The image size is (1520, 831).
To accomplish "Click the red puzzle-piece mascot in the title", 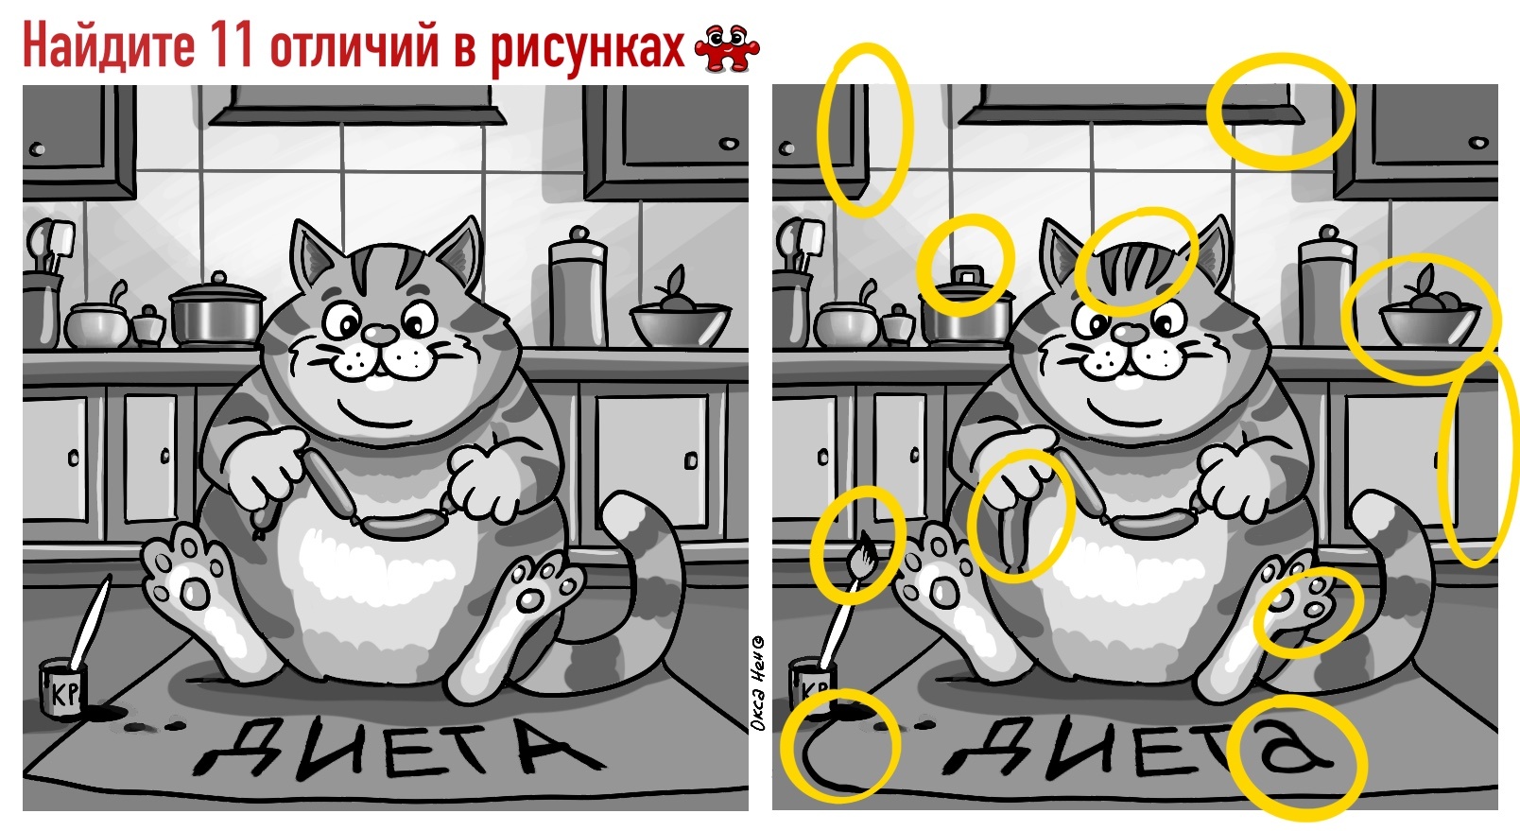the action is click(727, 47).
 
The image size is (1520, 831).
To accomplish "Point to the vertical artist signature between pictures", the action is click(759, 683).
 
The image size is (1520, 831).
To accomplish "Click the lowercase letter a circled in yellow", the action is click(1293, 752).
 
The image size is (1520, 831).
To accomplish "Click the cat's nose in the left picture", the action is click(380, 334).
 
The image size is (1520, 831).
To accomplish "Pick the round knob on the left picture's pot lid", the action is click(218, 278).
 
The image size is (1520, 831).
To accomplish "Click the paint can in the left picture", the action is click(63, 687).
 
